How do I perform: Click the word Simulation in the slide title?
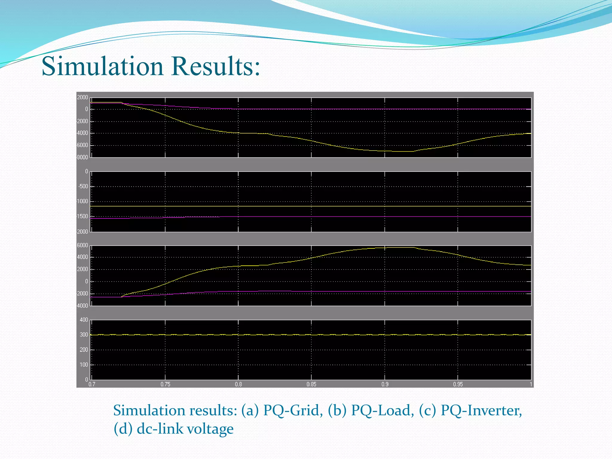point(102,66)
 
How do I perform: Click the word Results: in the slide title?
point(216,66)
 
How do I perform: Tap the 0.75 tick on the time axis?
point(165,384)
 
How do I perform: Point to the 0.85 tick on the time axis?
point(311,384)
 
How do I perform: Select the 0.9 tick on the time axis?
point(385,384)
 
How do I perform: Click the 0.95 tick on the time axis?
point(458,384)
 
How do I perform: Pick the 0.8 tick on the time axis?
point(238,384)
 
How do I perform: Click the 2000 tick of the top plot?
point(82,97)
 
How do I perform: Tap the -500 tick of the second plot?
point(83,186)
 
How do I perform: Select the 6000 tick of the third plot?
point(82,245)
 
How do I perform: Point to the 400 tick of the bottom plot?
point(84,320)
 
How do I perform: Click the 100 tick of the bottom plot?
point(84,365)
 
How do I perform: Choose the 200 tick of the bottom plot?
point(84,350)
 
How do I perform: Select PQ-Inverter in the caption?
point(481,411)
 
